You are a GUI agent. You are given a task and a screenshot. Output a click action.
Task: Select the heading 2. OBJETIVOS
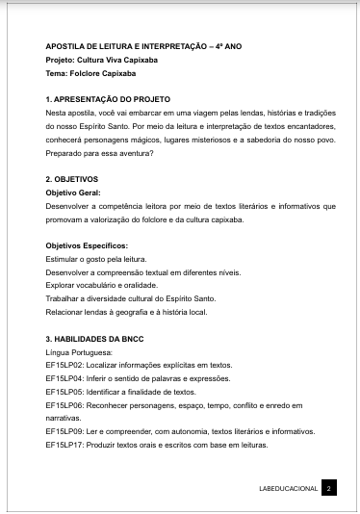(71, 179)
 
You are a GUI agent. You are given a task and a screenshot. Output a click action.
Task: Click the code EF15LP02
(65, 366)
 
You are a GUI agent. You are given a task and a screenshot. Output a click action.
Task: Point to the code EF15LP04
(65, 379)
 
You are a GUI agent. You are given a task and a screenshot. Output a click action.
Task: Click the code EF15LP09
(65, 432)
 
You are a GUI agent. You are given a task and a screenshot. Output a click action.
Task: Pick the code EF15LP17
(65, 446)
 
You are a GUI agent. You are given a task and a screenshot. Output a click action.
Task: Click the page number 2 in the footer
(328, 489)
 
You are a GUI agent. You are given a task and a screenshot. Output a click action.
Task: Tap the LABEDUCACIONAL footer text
(288, 489)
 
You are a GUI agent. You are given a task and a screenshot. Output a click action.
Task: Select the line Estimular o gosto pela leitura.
(94, 259)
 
